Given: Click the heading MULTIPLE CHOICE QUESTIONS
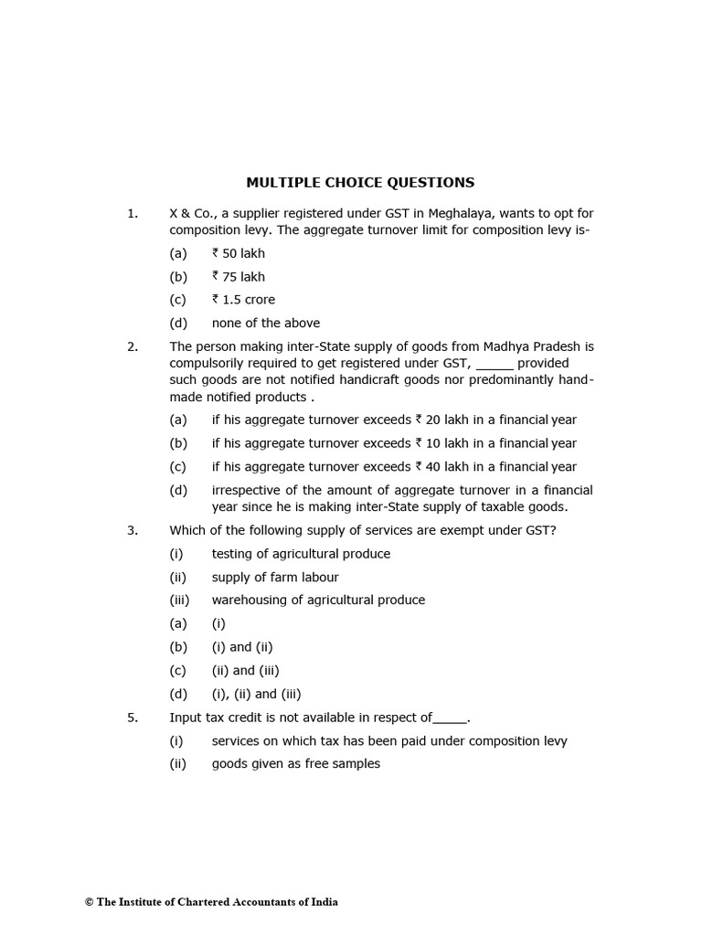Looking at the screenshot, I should [x=360, y=182].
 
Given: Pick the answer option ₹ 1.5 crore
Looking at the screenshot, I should [x=243, y=300].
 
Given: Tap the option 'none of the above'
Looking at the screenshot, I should [x=266, y=323].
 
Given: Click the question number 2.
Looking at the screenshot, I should [x=133, y=346].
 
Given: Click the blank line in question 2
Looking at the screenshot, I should [x=495, y=366].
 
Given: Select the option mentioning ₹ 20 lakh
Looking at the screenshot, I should [x=394, y=420].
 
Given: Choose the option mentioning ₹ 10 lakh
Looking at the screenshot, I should [x=394, y=443].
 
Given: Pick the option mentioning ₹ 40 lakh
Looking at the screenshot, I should [x=394, y=466].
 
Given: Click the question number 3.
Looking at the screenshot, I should [x=133, y=530].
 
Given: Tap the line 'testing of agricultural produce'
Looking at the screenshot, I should [x=301, y=554].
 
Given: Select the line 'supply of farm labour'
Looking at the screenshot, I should [x=275, y=577].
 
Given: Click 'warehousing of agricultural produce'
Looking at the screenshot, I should [x=318, y=600].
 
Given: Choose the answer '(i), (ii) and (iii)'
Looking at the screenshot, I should [x=256, y=694].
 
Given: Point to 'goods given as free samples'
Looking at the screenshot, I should [x=295, y=763].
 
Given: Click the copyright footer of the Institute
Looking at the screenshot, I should [x=211, y=902].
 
